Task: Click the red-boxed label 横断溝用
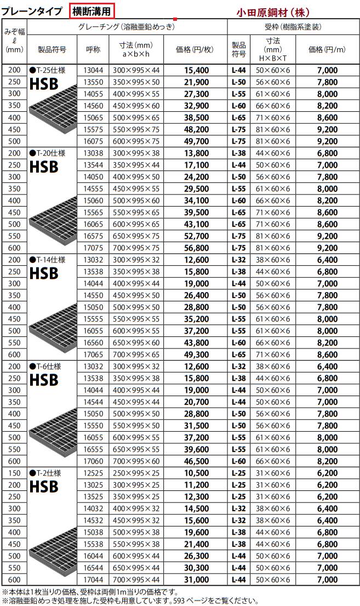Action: [x=93, y=10]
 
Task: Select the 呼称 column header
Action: [x=93, y=49]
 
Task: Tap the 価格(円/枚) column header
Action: [x=195, y=49]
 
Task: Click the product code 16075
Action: [x=93, y=141]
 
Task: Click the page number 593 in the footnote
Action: [x=167, y=600]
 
